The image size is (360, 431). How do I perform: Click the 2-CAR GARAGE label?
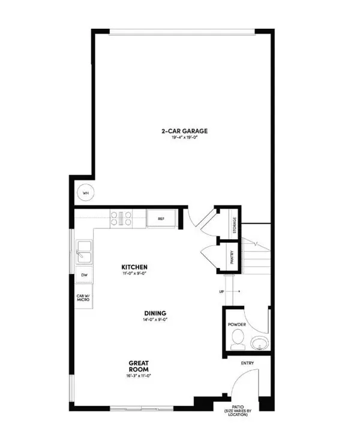[x=180, y=131]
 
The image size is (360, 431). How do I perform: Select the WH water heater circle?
[x=85, y=193]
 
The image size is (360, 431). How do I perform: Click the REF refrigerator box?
[x=161, y=219]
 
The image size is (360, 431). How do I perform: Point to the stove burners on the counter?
[x=121, y=219]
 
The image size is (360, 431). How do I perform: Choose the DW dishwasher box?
[x=84, y=275]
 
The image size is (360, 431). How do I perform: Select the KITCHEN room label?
[x=134, y=267]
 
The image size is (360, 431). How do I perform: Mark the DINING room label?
[x=155, y=313]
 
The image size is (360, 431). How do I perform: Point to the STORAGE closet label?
[x=235, y=225]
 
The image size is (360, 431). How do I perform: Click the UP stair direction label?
[x=221, y=292]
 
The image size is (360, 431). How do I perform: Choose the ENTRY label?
[x=247, y=363]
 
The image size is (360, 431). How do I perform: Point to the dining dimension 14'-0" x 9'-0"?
[x=155, y=320]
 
